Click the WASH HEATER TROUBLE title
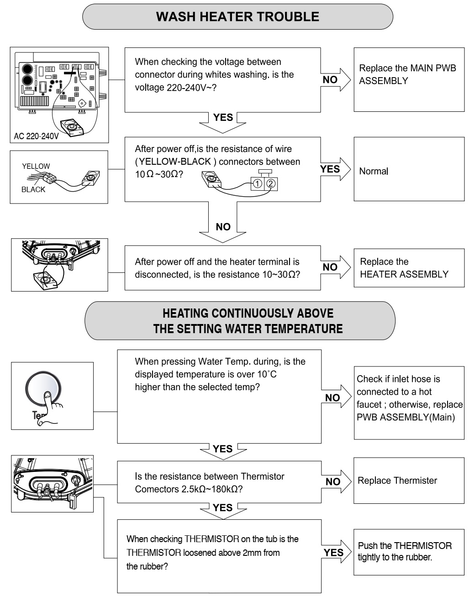tap(237, 17)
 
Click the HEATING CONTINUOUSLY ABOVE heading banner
tap(240, 320)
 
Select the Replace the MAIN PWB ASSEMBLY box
tap(409, 79)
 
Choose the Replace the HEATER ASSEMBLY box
tap(409, 268)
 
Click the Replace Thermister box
tap(409, 481)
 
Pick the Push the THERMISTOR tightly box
tap(409, 552)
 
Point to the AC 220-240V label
tap(36, 136)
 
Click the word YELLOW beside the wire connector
tap(36, 166)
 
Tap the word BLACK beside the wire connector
tap(33, 189)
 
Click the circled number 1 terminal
tap(257, 184)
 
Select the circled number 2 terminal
tap(271, 184)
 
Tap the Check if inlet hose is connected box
tap(409, 398)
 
